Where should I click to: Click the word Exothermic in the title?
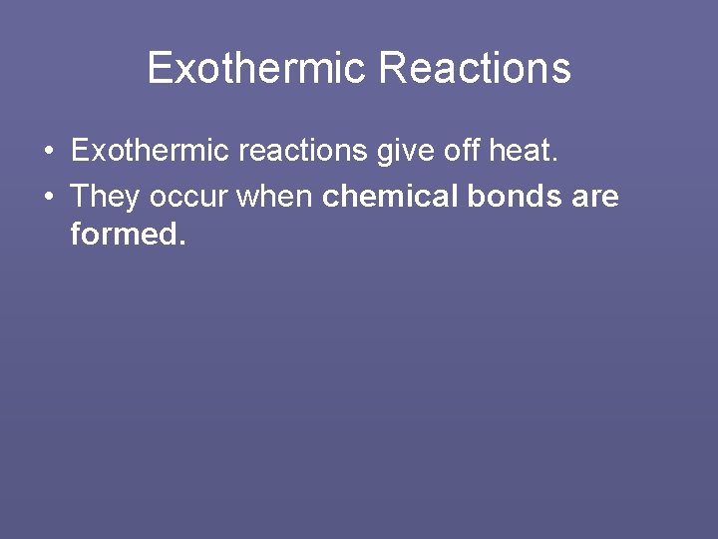pyautogui.click(x=257, y=68)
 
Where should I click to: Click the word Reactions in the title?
pyautogui.click(x=475, y=68)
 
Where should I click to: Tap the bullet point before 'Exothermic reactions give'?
pyautogui.click(x=49, y=152)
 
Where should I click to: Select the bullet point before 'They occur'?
pyautogui.click(x=49, y=197)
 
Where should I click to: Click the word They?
pyautogui.click(x=105, y=197)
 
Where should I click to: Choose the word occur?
pyautogui.click(x=189, y=197)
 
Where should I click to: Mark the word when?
pyautogui.click(x=274, y=197)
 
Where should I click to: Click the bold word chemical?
pyautogui.click(x=384, y=197)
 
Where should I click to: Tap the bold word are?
pyautogui.click(x=595, y=197)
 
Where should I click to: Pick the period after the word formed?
pyautogui.click(x=182, y=244)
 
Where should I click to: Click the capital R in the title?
pyautogui.click(x=391, y=68)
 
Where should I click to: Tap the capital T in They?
pyautogui.click(x=80, y=197)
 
